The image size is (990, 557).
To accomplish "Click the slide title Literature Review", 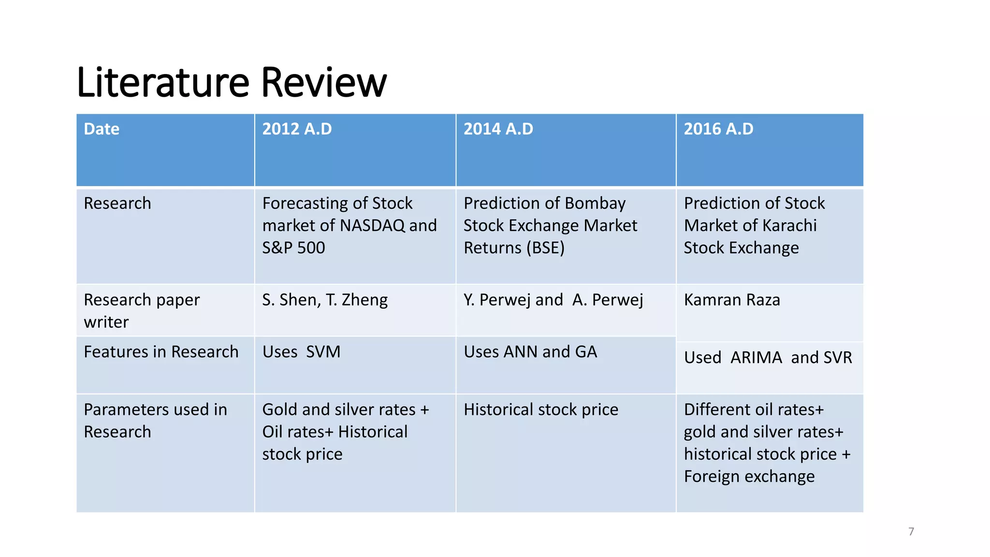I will [x=232, y=82].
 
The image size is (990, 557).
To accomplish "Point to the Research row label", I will [x=117, y=203].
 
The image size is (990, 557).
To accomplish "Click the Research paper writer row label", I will [x=141, y=310].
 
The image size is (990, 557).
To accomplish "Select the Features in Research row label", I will [x=161, y=352].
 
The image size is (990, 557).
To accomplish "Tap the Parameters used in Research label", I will [x=155, y=421].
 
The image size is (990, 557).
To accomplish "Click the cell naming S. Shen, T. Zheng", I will [x=325, y=300].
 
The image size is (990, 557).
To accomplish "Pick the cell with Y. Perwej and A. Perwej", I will [x=553, y=300].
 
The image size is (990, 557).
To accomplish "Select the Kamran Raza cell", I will [x=732, y=300].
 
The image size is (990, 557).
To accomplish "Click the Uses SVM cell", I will [x=301, y=352].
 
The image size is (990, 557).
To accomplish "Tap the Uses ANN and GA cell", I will [x=530, y=352].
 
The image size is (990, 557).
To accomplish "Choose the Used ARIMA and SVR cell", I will [x=768, y=358].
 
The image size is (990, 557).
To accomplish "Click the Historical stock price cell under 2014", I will [x=540, y=410].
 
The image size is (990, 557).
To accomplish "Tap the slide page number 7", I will [x=911, y=531].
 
